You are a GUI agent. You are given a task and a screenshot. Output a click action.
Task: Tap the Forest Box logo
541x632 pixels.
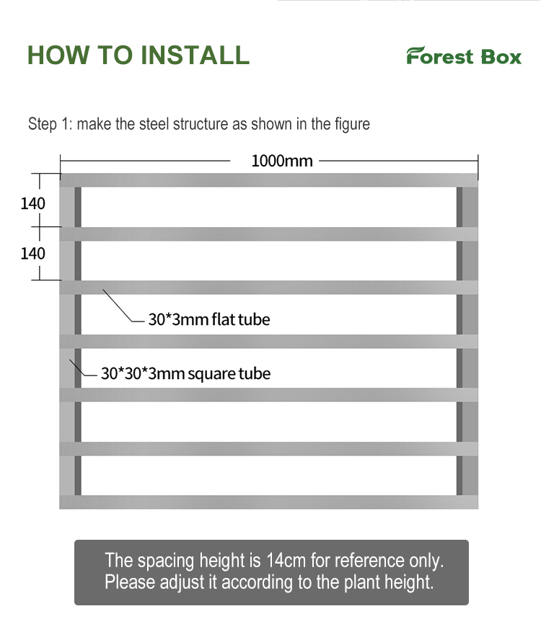point(463,56)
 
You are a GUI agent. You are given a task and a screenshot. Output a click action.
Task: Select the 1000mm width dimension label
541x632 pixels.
point(282,161)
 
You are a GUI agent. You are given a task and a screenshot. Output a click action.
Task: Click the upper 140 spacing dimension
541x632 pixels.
point(32,203)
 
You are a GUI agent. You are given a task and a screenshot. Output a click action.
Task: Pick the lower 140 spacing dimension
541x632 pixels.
point(32,254)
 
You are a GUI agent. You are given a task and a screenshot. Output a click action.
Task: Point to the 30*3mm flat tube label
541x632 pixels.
point(208,319)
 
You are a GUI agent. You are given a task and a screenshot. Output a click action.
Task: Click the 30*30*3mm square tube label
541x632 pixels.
point(185,373)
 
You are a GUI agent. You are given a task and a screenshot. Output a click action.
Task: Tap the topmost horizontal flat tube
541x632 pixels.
point(268,180)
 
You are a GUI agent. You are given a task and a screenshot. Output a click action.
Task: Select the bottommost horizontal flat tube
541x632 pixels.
point(268,502)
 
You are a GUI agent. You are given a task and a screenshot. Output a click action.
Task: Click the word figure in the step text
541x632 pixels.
point(352,124)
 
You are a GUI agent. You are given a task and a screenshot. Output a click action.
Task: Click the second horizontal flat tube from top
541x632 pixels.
point(268,234)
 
